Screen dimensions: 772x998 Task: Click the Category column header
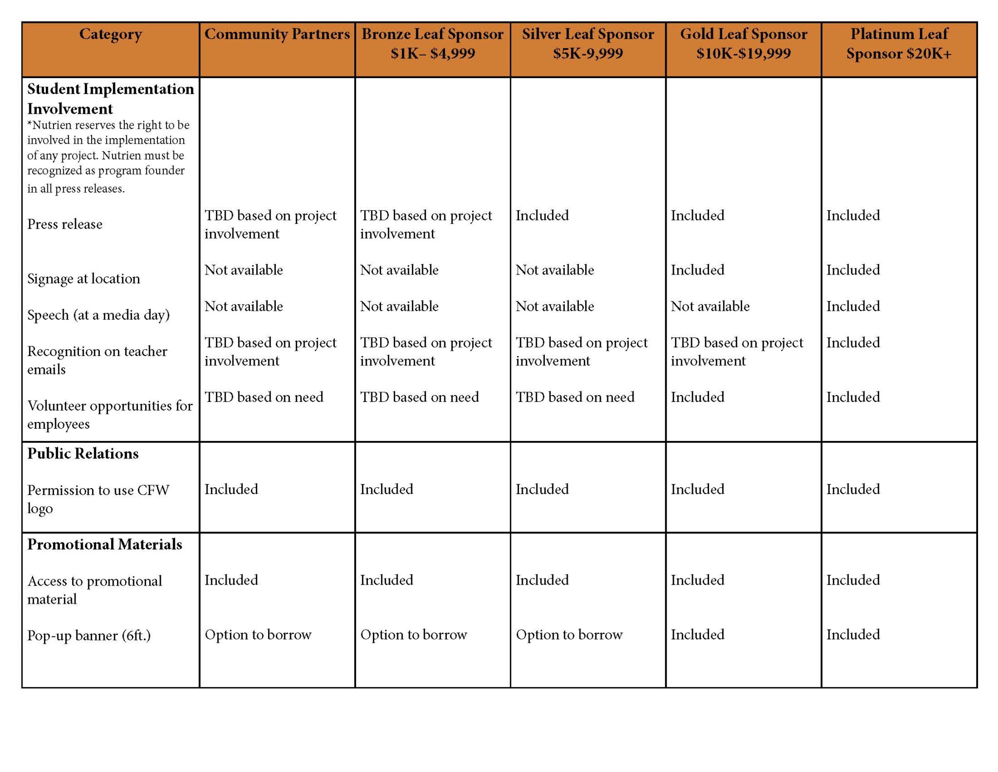point(111,34)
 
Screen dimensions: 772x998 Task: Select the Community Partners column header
point(277,34)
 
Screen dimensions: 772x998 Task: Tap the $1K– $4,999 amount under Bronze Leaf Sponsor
point(432,53)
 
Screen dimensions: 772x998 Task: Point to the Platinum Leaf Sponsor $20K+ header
point(899,43)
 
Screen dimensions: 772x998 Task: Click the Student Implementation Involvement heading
point(110,99)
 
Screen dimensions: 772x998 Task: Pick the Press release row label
point(65,224)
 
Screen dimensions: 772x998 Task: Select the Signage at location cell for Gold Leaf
point(697,270)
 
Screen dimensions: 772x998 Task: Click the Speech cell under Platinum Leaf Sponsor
point(853,306)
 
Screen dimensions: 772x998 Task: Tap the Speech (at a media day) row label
point(98,315)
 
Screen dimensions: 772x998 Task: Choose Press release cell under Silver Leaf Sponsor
point(542,215)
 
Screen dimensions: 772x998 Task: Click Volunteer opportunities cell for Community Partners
point(264,397)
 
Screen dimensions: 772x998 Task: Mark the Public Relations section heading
point(83,454)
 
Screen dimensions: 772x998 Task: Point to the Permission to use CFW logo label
point(97,498)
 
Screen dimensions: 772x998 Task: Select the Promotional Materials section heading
point(104,544)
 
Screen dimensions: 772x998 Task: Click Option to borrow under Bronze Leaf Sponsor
point(413,634)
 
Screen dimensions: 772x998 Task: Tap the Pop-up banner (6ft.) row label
point(89,635)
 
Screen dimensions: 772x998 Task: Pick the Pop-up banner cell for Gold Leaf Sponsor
point(697,634)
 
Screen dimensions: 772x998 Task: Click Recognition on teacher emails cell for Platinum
point(853,342)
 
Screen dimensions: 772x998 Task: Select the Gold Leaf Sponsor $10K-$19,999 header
point(743,43)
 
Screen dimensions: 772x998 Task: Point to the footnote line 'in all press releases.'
point(76,189)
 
